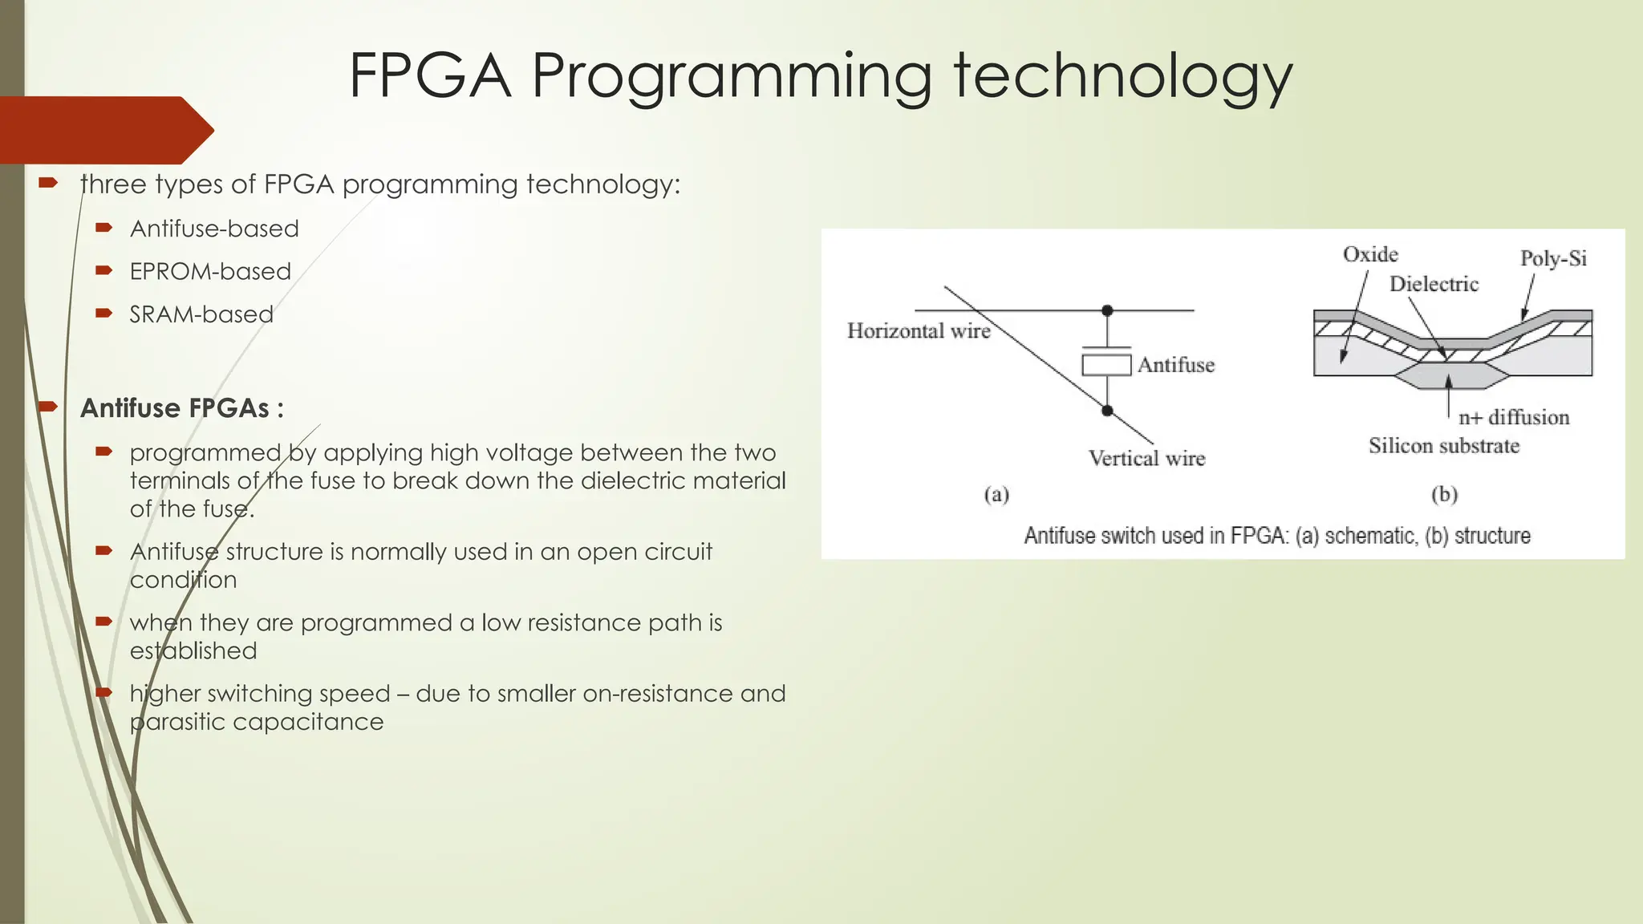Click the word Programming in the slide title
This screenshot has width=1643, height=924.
point(732,77)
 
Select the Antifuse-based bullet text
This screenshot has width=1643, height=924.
point(214,229)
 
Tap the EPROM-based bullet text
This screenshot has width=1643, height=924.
point(210,271)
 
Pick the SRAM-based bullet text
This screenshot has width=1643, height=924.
point(201,314)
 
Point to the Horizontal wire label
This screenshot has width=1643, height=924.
point(919,331)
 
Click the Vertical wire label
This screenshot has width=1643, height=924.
point(1146,458)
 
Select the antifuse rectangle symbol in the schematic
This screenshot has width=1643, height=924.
point(1106,365)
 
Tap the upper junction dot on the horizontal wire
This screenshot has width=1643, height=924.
point(1107,310)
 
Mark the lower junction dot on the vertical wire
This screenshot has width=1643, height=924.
point(1107,411)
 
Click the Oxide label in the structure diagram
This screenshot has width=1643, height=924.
point(1370,254)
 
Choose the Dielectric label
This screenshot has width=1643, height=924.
point(1434,284)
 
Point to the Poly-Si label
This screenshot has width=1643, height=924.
point(1553,258)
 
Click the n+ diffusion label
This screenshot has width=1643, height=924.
point(1513,417)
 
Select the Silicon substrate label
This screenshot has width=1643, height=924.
point(1444,446)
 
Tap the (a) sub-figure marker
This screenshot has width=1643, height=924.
point(996,494)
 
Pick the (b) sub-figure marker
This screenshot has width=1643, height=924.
point(1444,494)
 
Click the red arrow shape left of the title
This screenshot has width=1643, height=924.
point(104,130)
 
